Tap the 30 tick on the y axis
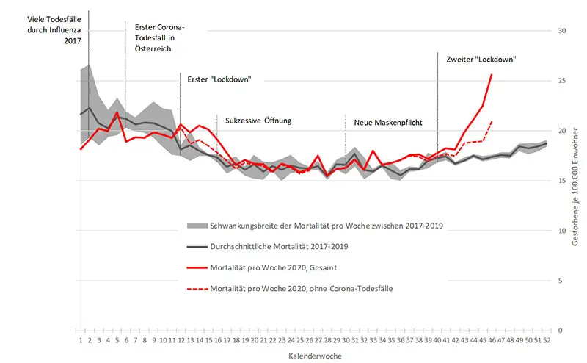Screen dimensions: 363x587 pyautogui.click(x=562, y=31)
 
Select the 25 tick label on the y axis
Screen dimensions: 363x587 pyautogui.click(x=562, y=81)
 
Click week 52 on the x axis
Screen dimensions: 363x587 pyautogui.click(x=547, y=340)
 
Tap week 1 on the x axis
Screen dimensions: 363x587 pyautogui.click(x=80, y=340)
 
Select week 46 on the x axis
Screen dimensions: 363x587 pyautogui.click(x=492, y=340)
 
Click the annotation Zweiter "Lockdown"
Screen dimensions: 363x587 pyautogui.click(x=481, y=58)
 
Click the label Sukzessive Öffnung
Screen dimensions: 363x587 pyautogui.click(x=258, y=120)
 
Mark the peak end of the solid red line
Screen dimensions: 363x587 pyautogui.click(x=492, y=75)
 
